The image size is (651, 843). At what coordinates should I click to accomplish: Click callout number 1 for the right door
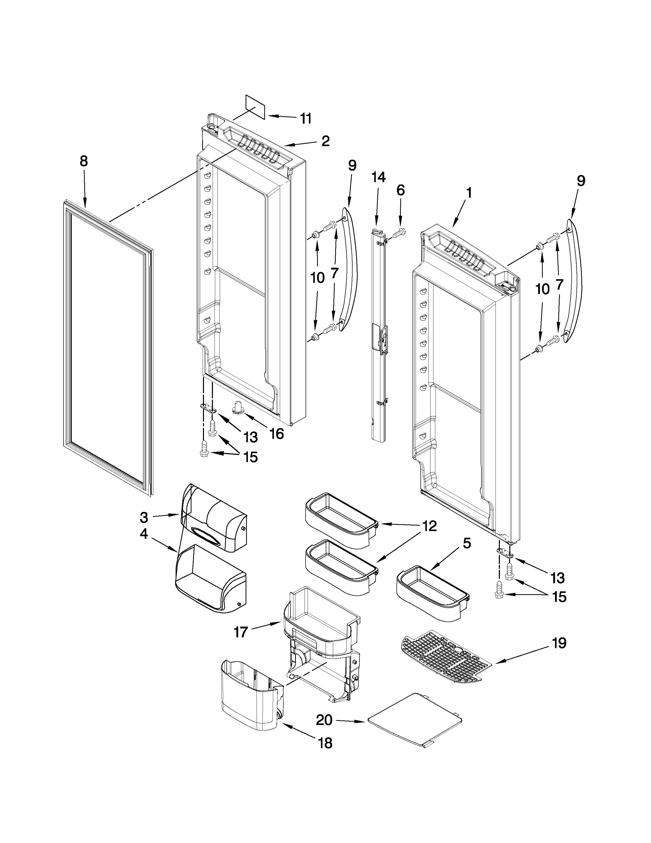coord(468,193)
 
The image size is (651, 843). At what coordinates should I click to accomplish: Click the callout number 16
coord(276,434)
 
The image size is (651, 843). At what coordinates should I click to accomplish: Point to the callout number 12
coord(429,526)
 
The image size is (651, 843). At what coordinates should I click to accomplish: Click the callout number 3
coord(143,517)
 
